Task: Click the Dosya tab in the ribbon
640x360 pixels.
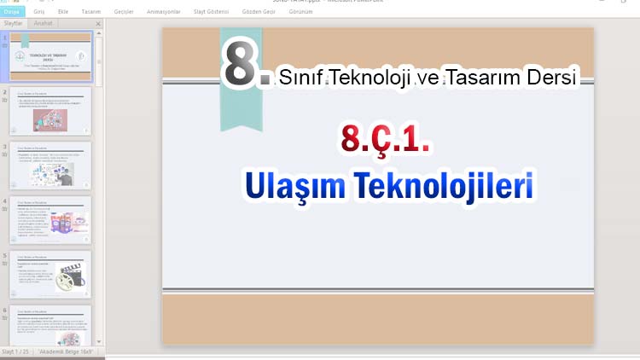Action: click(11, 13)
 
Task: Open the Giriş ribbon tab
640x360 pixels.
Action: click(38, 13)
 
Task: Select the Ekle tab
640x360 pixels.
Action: click(62, 13)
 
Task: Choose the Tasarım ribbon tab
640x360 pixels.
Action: click(91, 13)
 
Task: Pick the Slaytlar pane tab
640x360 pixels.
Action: click(15, 24)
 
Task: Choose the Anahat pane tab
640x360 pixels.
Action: click(44, 24)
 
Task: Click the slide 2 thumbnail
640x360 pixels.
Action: click(50, 111)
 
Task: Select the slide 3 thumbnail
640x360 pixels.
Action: click(50, 165)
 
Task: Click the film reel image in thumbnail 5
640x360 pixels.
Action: click(68, 280)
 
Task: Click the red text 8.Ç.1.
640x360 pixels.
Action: click(384, 139)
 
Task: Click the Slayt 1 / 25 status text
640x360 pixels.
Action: click(17, 351)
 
